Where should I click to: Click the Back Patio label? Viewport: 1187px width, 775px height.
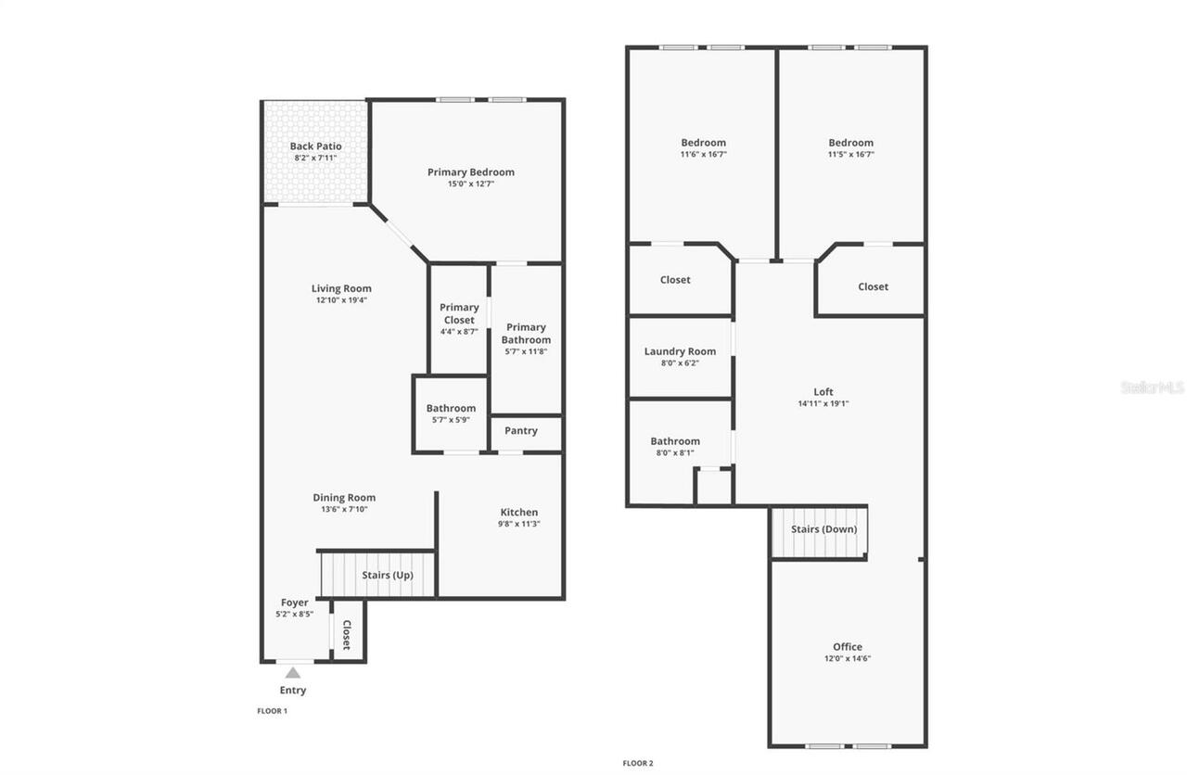pos(315,146)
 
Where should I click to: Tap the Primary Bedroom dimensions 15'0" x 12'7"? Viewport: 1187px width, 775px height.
pos(470,184)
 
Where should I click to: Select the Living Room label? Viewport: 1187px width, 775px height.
pos(341,288)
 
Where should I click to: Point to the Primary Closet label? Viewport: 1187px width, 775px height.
pos(459,313)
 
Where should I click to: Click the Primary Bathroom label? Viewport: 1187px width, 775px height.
pos(526,333)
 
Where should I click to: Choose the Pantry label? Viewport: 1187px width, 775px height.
pos(521,431)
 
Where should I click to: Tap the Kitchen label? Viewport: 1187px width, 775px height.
pos(518,513)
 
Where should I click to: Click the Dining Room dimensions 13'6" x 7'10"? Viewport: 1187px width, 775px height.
pos(344,510)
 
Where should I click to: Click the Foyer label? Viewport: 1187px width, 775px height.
pos(295,603)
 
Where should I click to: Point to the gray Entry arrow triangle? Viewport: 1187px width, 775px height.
pos(293,673)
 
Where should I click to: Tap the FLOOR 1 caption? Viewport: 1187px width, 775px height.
pos(273,711)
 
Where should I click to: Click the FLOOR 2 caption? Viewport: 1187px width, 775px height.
pos(638,764)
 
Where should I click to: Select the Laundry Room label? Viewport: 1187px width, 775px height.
pos(680,351)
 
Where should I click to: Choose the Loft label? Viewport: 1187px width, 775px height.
pos(823,392)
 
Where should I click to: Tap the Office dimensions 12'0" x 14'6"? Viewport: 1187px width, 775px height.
pos(848,659)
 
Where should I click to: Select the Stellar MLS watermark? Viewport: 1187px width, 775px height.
pos(1152,387)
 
